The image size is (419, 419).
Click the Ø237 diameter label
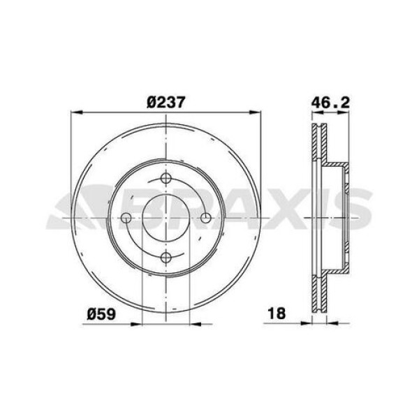[x=166, y=101]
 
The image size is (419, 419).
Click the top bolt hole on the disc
[x=166, y=178]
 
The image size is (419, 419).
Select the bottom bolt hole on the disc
[x=166, y=259]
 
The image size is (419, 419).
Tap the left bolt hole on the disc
[x=126, y=219]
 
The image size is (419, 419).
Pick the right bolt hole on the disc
[x=206, y=219]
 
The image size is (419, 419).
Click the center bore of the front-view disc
[x=166, y=219]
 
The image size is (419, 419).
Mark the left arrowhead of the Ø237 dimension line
[x=76, y=111]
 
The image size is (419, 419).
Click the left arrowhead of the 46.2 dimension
[x=312, y=112]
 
